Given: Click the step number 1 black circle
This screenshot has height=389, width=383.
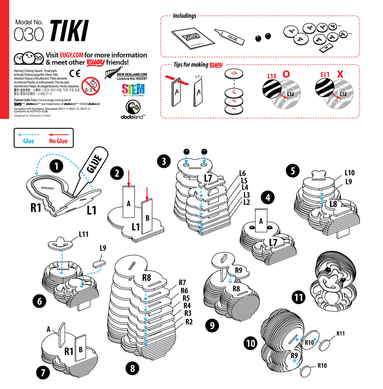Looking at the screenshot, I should click(x=57, y=166).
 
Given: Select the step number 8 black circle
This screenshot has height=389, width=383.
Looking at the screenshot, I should click(x=133, y=368).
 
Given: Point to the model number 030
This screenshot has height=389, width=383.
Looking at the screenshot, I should click(x=29, y=34).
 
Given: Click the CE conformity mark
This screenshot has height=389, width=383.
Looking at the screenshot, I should click(x=75, y=73).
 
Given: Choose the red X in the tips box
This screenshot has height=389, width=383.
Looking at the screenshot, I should click(x=340, y=74).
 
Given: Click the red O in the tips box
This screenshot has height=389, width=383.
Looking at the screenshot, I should click(x=286, y=74).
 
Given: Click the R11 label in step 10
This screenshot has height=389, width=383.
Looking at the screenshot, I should click(x=341, y=334).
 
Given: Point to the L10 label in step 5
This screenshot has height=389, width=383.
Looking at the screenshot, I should click(x=349, y=173).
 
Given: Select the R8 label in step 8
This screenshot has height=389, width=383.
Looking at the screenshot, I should click(x=146, y=278).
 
